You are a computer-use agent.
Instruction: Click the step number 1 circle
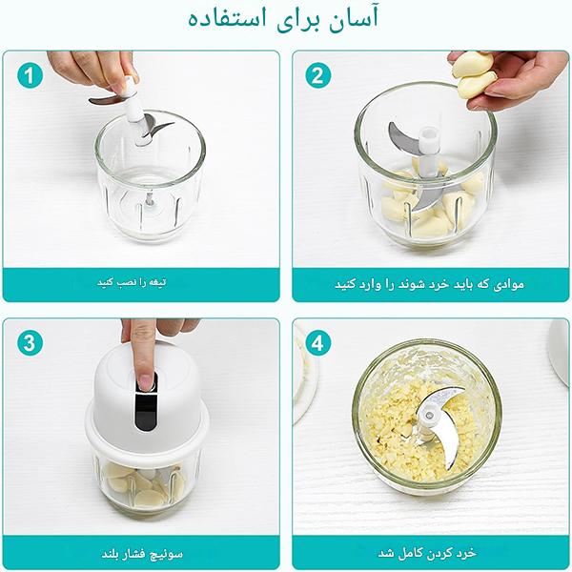click(x=33, y=75)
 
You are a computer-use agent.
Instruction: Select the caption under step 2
click(x=429, y=284)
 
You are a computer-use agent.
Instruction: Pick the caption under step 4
click(x=429, y=552)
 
